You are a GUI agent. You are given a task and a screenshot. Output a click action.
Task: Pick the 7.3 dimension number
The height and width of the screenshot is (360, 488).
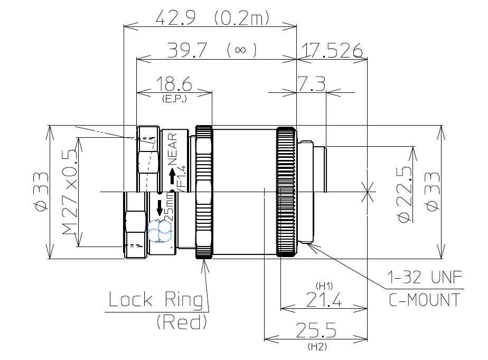(311, 84)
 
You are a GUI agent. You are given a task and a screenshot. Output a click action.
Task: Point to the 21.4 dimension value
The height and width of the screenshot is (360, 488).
(323, 300)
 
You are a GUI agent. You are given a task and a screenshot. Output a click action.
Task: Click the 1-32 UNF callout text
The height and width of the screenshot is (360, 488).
(425, 277)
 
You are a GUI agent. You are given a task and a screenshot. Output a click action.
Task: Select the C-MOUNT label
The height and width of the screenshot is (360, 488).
(425, 300)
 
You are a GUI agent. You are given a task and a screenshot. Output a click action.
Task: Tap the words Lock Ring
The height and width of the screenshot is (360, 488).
(156, 300)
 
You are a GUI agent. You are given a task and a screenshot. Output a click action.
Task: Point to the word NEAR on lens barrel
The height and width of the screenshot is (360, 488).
(173, 149)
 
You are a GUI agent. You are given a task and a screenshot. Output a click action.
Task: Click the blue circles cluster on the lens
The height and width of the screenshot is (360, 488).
(159, 230)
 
